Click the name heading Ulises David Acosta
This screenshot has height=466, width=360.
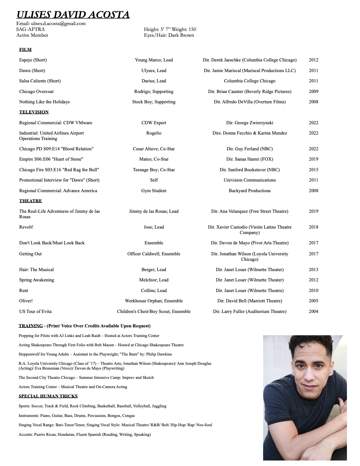(x=73, y=15)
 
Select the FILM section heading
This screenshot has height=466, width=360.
(x=25, y=50)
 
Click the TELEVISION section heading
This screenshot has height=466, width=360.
(x=34, y=112)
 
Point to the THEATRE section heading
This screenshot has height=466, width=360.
(x=31, y=201)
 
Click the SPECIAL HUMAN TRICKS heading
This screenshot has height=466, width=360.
(x=48, y=396)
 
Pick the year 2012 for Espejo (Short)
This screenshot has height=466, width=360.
(x=313, y=60)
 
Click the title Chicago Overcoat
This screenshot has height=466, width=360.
(x=36, y=92)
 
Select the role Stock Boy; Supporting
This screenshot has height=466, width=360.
(x=154, y=102)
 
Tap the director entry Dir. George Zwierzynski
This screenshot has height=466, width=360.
(x=249, y=123)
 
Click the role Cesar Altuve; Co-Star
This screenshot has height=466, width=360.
(x=154, y=149)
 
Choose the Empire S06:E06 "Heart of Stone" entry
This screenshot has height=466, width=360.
(x=51, y=159)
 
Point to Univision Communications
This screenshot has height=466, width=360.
(x=249, y=180)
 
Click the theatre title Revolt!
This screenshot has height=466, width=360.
(x=26, y=227)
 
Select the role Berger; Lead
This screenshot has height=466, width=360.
(x=154, y=270)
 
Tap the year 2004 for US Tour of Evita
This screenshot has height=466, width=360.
(x=313, y=312)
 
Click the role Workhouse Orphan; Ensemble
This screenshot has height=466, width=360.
(x=154, y=301)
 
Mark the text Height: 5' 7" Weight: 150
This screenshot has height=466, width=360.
(x=170, y=30)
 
